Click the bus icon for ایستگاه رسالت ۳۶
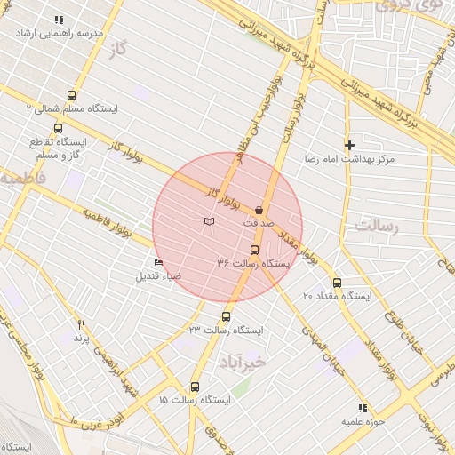click(255, 250)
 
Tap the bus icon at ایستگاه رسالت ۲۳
click(226, 316)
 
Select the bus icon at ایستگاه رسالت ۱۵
click(196, 387)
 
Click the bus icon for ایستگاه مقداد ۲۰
click(337, 283)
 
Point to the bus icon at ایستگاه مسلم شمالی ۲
click(71, 95)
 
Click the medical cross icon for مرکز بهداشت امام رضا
click(349, 144)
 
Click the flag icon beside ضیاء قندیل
click(158, 262)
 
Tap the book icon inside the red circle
click(209, 220)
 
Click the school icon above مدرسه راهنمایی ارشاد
click(59, 19)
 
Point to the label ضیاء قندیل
click(158, 275)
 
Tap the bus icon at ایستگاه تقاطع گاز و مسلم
click(59, 128)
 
